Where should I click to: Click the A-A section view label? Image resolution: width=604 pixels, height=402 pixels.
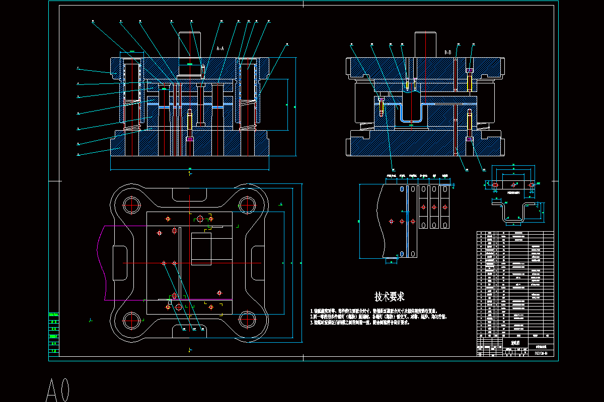pyautogui.click(x=220, y=49)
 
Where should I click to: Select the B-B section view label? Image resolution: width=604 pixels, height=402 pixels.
pyautogui.click(x=447, y=52)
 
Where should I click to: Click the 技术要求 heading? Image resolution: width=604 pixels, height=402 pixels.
pyautogui.click(x=390, y=296)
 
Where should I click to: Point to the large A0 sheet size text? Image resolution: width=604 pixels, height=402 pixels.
pyautogui.click(x=58, y=389)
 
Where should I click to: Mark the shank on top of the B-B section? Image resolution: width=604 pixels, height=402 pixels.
pyautogui.click(x=425, y=44)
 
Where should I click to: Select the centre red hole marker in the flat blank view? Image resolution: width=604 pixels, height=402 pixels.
pyautogui.click(x=513, y=185)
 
